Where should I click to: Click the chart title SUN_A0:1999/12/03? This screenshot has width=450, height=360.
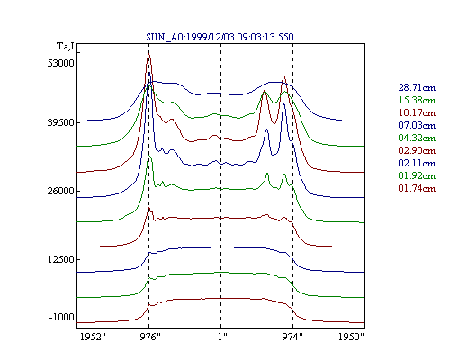(x=192, y=37)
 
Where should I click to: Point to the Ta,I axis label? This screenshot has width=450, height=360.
(x=66, y=47)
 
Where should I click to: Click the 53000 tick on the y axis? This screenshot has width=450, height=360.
(x=60, y=63)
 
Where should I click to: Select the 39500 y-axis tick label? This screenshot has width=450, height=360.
(x=60, y=122)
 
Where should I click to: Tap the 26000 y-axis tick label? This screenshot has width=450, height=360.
(x=60, y=191)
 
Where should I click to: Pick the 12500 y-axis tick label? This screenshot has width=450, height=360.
(x=60, y=259)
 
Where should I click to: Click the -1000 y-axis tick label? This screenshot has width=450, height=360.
(x=62, y=317)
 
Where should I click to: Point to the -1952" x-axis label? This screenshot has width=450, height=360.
(x=91, y=337)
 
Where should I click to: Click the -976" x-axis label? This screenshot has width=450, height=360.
(x=148, y=337)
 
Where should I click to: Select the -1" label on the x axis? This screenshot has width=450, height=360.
(x=220, y=337)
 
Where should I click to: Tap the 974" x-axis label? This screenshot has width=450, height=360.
(x=292, y=337)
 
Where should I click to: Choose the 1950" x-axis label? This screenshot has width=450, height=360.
(x=351, y=337)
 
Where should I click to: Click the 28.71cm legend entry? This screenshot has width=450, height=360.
(x=417, y=87)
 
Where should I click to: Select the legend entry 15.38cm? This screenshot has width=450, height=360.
(x=417, y=100)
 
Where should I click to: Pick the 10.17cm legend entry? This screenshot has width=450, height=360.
(x=417, y=112)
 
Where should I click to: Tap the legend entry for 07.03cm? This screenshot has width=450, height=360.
(x=417, y=125)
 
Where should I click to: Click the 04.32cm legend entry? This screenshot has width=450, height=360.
(x=417, y=138)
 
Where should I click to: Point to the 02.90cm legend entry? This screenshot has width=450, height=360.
(x=417, y=150)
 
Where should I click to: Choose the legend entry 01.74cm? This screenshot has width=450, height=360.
(x=417, y=188)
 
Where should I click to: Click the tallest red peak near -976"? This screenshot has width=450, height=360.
(x=148, y=53)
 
